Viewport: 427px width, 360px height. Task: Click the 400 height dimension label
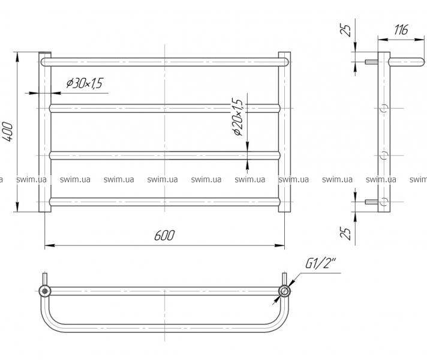tap(8, 132)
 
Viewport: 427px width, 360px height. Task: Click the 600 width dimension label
tap(164, 235)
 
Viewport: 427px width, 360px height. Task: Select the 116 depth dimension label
tap(401, 30)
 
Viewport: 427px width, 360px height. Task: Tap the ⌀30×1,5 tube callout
tap(85, 83)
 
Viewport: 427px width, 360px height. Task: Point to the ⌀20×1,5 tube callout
tap(237, 117)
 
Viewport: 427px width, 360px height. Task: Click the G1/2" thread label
tap(320, 263)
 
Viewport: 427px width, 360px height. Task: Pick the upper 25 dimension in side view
tap(345, 31)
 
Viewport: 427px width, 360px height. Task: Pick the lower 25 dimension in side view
tap(345, 233)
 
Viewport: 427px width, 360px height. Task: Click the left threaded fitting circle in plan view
tap(44, 291)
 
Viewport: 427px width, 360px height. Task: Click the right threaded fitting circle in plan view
tap(284, 291)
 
